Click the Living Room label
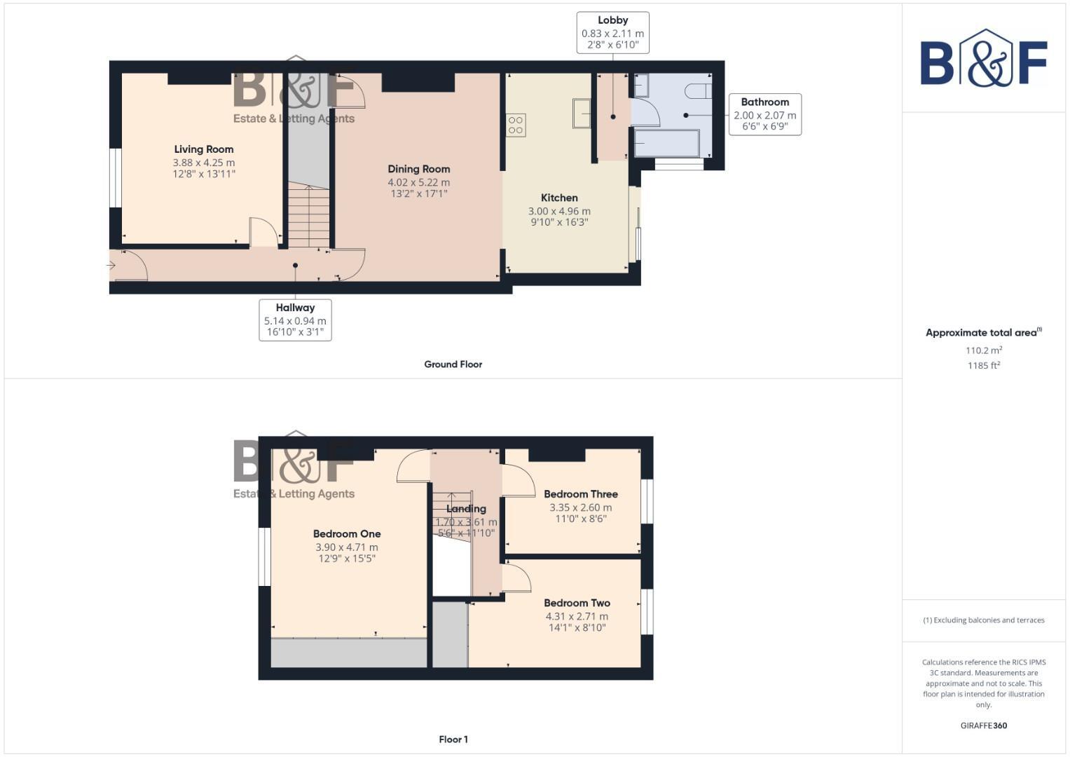204,149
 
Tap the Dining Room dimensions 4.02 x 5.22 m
418,182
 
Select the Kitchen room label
559,198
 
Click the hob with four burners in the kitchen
516,125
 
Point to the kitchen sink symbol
581,114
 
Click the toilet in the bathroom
699,91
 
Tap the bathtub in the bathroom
666,144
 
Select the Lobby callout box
612,33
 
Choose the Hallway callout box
295,320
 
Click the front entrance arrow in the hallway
111,266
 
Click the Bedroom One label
347,534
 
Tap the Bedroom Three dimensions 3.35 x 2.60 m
580,507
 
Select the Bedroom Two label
577,603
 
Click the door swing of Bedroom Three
519,479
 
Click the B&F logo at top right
983,59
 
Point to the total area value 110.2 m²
983,350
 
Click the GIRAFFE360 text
983,725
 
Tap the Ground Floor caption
453,364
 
